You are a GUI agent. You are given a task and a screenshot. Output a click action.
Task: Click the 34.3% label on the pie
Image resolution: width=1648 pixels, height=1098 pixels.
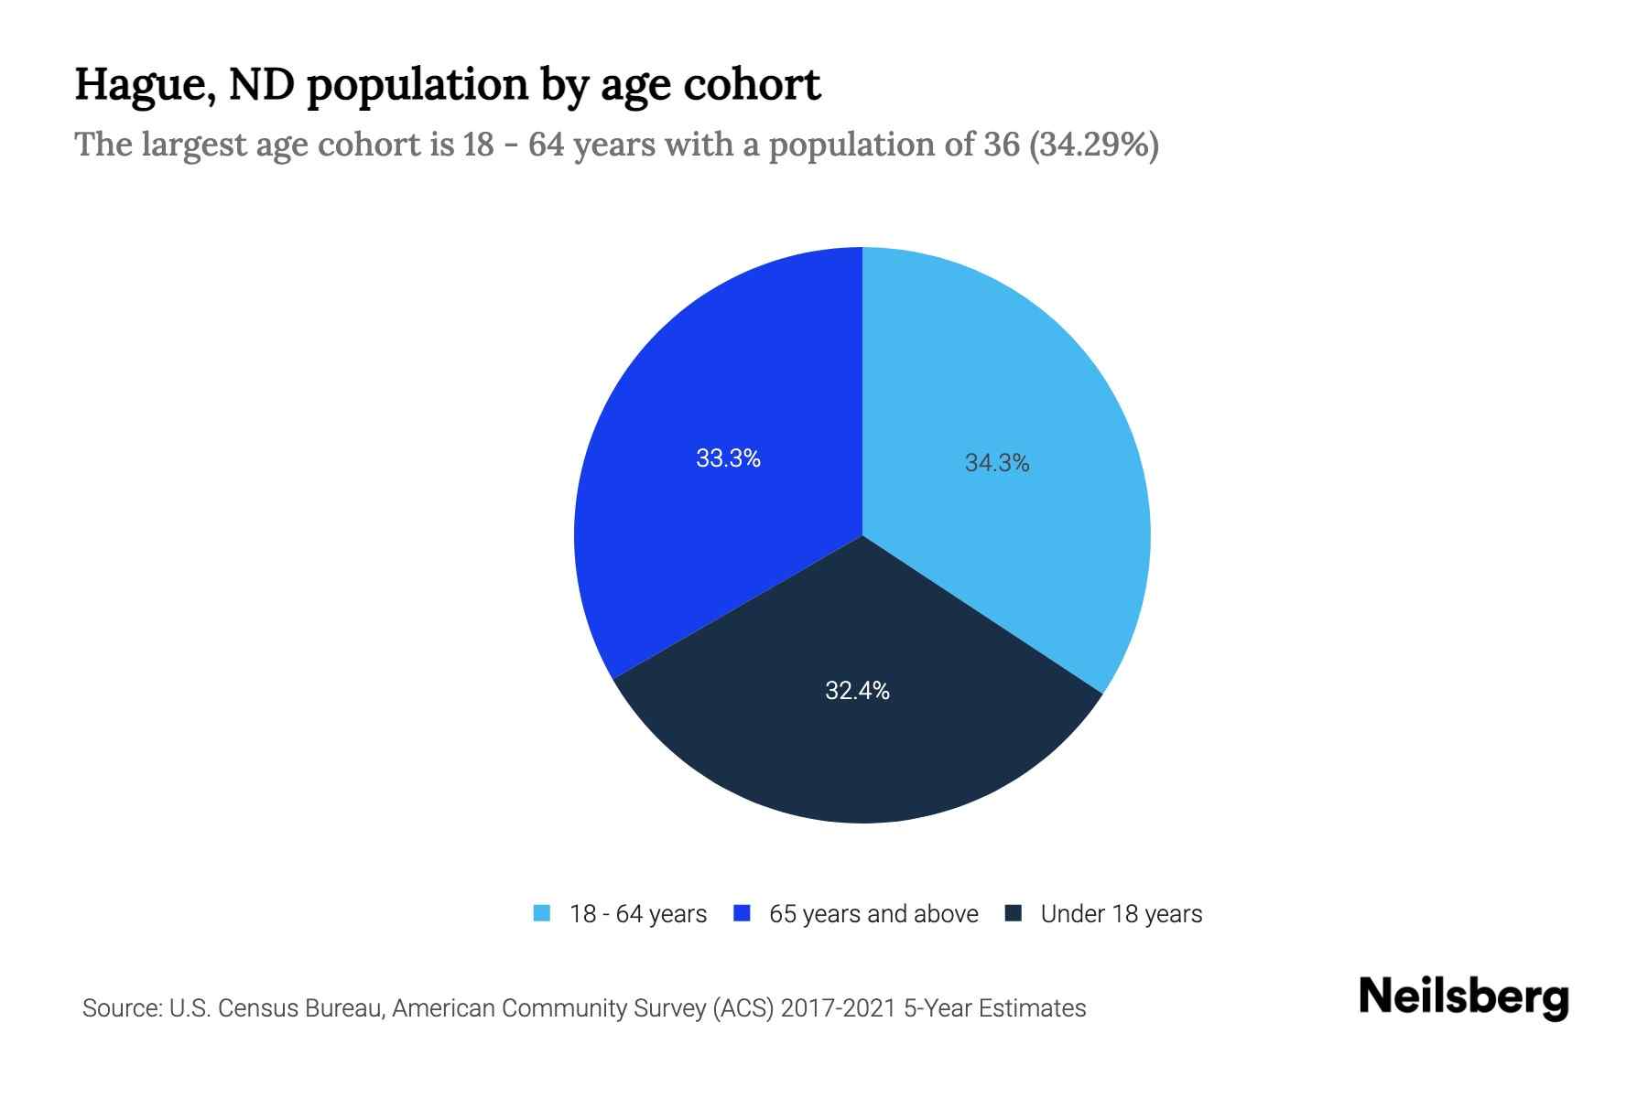coord(997,463)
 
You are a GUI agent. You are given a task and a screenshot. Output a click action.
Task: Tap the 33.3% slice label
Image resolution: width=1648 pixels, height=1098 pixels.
coord(728,458)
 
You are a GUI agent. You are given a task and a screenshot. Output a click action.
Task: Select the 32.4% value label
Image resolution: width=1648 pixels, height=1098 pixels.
coord(857,691)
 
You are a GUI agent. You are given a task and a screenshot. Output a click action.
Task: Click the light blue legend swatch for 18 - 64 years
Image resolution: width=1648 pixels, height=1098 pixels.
coord(542,913)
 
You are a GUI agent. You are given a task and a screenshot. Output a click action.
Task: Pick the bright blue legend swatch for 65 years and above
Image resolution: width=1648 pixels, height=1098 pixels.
coord(743,913)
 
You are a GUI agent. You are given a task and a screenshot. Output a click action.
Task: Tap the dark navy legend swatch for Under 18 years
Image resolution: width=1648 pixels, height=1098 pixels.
coord(1014,913)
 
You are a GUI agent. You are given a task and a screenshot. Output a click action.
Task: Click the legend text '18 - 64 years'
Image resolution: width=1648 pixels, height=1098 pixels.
coord(638,914)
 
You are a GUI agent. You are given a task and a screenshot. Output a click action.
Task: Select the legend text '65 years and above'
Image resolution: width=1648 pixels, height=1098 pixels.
coord(873,914)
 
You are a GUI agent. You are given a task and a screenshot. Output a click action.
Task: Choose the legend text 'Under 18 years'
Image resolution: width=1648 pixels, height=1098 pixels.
coord(1122,914)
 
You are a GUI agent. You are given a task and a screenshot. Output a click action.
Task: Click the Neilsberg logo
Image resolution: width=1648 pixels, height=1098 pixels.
coord(1464,997)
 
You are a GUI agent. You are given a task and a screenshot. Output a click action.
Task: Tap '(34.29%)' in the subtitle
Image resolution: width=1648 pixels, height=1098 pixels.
coord(1094,145)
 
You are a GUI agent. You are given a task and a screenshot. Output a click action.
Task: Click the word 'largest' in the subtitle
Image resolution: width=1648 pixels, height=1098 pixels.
coord(196,145)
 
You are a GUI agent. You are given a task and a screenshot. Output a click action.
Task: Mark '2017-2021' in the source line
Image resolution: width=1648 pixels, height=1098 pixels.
coord(838,1008)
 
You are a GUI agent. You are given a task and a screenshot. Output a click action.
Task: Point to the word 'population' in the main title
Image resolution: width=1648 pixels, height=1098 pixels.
coord(415,86)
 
